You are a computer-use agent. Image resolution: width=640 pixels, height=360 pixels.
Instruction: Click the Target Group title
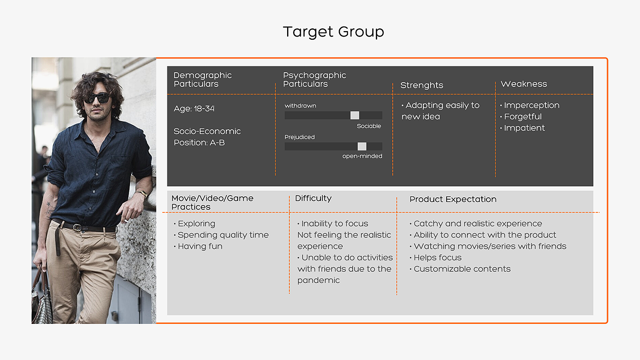point(333,32)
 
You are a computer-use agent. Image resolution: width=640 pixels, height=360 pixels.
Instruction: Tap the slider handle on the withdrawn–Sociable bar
point(355,115)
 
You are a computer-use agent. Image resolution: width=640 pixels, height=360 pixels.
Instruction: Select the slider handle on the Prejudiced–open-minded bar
point(362,147)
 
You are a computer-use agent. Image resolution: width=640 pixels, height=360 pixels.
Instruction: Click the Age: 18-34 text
point(194,109)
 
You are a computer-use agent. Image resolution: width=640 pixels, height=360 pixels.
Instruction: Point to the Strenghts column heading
point(421,85)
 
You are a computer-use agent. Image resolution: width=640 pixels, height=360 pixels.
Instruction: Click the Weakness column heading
point(524,84)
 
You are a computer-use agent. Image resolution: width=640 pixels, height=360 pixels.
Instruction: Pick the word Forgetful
point(523,117)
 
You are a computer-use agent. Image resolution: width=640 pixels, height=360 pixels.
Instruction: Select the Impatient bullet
point(523,128)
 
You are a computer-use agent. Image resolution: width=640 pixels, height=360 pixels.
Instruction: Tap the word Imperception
point(532,106)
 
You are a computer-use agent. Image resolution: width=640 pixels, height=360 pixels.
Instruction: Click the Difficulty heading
point(313,198)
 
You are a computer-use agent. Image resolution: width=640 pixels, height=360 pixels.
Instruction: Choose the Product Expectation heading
point(453,199)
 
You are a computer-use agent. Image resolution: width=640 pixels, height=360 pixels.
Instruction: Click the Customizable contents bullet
point(460,269)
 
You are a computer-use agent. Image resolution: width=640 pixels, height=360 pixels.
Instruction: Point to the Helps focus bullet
point(435,258)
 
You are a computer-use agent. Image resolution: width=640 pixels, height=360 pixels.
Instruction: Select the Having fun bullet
point(198,246)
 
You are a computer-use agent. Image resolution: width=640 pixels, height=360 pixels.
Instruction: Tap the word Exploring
point(197,223)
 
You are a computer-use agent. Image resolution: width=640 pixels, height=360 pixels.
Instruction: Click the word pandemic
point(319,281)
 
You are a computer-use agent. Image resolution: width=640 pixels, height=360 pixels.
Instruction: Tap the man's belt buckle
point(77,228)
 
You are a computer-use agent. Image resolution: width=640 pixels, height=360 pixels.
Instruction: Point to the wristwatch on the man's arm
point(143,193)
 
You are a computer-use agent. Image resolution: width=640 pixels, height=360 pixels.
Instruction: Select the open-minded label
point(362,156)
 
